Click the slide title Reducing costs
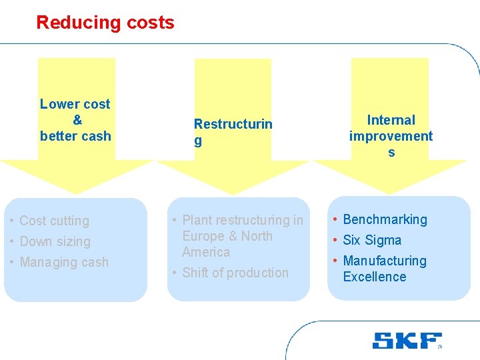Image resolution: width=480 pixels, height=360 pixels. (x=105, y=23)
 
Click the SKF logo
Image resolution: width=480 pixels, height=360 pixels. (x=406, y=340)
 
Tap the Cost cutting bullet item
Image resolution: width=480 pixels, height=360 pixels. (x=54, y=221)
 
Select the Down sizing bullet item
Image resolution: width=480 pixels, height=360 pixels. (x=55, y=241)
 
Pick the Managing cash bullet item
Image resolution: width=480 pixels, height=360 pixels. (x=64, y=262)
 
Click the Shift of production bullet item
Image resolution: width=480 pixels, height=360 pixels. (x=235, y=273)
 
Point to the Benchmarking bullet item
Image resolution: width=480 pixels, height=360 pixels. (x=385, y=219)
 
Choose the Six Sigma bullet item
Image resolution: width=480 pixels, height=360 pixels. (x=372, y=240)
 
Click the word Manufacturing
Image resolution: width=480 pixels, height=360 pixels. (x=385, y=261)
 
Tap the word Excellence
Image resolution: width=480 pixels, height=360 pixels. (x=374, y=277)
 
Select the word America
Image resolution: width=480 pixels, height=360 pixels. (x=206, y=252)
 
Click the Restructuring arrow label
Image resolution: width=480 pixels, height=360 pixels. (x=233, y=131)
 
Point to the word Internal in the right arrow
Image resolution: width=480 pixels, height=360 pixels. (x=391, y=120)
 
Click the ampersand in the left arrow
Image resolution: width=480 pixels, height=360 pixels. (x=77, y=120)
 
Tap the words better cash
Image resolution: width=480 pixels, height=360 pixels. (x=75, y=136)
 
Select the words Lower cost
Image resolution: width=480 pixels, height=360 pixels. (x=75, y=104)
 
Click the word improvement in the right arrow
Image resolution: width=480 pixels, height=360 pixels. (x=391, y=136)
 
